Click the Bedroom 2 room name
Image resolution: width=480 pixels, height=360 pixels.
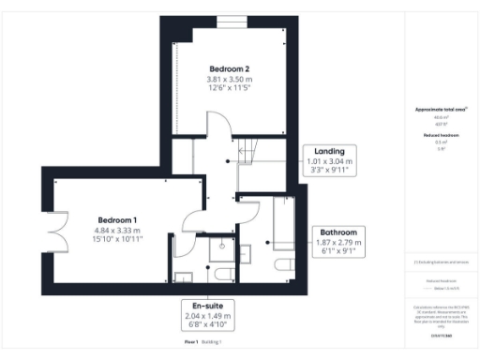point(229,69)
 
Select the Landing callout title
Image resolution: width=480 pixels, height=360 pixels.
point(329,151)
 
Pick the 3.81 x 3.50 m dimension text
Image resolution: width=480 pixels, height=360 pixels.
point(229,81)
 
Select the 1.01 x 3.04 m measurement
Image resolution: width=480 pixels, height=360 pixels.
point(329,161)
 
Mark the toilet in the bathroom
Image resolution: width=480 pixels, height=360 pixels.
point(281,266)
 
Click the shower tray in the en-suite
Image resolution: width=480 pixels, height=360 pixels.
point(221,246)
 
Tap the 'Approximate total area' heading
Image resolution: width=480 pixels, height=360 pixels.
point(441,110)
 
